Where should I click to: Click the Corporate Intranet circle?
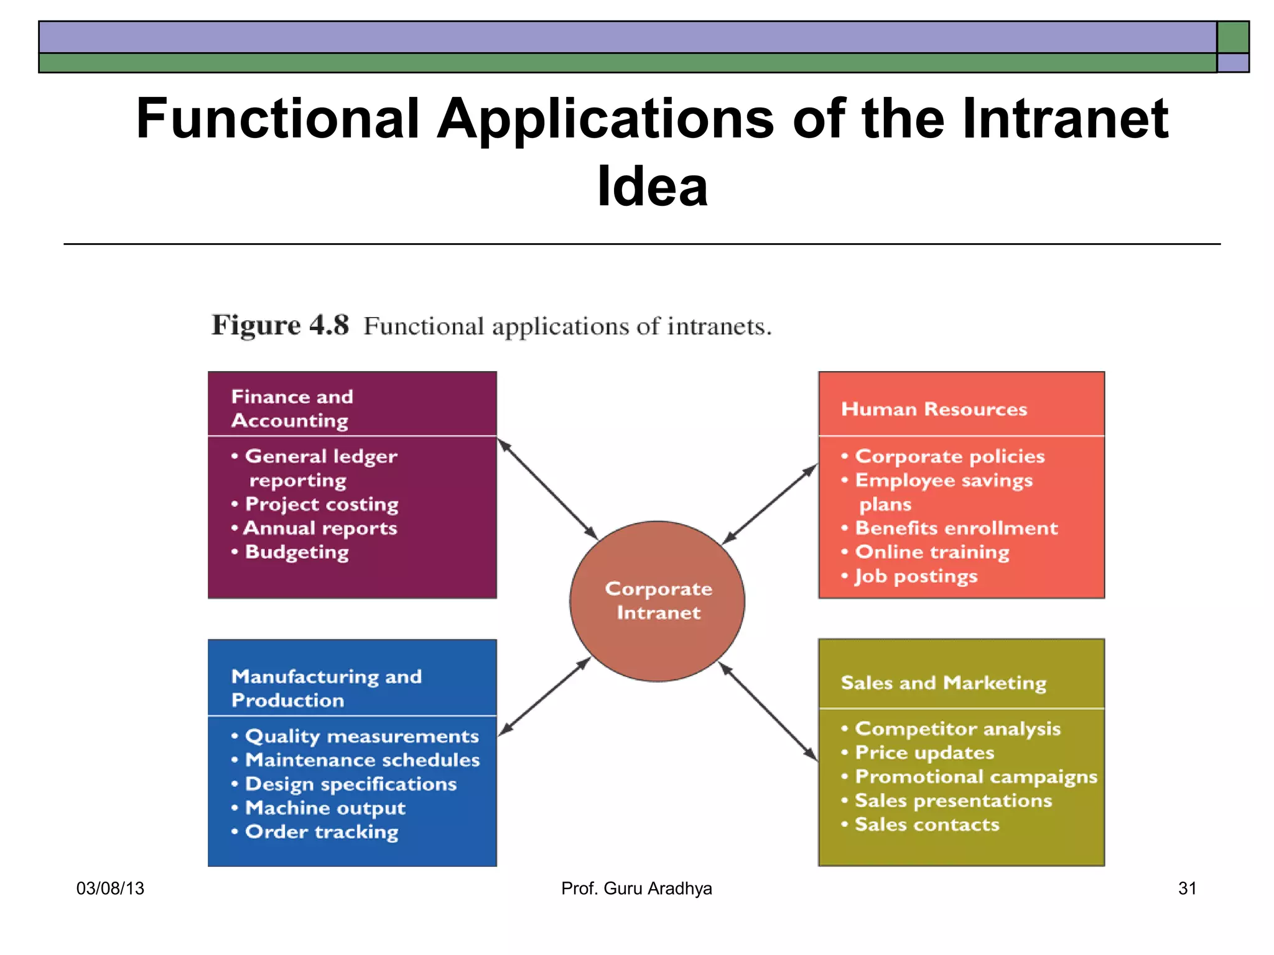[657, 601]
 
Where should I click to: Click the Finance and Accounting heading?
[292, 408]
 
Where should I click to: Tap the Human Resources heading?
[934, 409]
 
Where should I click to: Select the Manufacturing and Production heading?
[326, 688]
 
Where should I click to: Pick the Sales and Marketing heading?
[943, 683]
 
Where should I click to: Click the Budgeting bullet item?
[296, 552]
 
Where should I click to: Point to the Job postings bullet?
[915, 576]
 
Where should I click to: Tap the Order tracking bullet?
[321, 832]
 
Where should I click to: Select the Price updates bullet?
[924, 753]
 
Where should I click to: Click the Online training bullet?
[931, 552]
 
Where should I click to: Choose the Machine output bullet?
[325, 808]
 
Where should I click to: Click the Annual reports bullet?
[320, 528]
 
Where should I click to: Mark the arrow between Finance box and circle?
[547, 489]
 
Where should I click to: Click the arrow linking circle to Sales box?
[768, 711]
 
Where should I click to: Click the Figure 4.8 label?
[280, 325]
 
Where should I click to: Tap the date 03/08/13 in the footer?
[110, 888]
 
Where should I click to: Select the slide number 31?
[1187, 888]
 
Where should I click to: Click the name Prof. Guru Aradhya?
[636, 888]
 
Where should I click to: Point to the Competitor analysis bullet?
[957, 729]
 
